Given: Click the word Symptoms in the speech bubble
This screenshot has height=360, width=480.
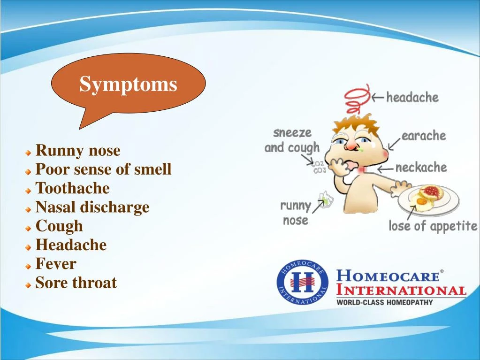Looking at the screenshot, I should coord(128,84).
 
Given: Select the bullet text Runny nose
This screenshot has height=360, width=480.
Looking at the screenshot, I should coord(78,151).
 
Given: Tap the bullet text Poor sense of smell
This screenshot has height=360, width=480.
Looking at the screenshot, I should coord(103,169).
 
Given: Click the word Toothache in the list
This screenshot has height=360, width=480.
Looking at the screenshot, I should coord(72,188).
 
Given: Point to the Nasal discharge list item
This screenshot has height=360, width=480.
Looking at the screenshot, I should coord(92,207).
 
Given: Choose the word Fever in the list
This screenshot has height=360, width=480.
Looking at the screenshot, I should coord(56,264).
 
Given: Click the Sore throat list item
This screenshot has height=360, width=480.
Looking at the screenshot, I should coord(76,283).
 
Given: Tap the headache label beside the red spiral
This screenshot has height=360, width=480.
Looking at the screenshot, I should coord(412,98).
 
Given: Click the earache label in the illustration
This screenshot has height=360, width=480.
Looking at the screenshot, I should coord(423,136).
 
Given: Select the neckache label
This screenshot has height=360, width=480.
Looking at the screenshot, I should coord(421,168).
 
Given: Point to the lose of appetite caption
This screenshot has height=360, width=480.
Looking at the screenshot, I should coord(433,226).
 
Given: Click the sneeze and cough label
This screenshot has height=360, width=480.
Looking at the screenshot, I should coord(292,140).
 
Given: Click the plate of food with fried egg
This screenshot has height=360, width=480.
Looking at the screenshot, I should coord(427,198).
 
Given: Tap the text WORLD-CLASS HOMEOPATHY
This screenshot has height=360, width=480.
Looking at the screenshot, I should coord(384,303).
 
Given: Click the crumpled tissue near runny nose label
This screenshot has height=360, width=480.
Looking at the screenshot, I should coord(325,199).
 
